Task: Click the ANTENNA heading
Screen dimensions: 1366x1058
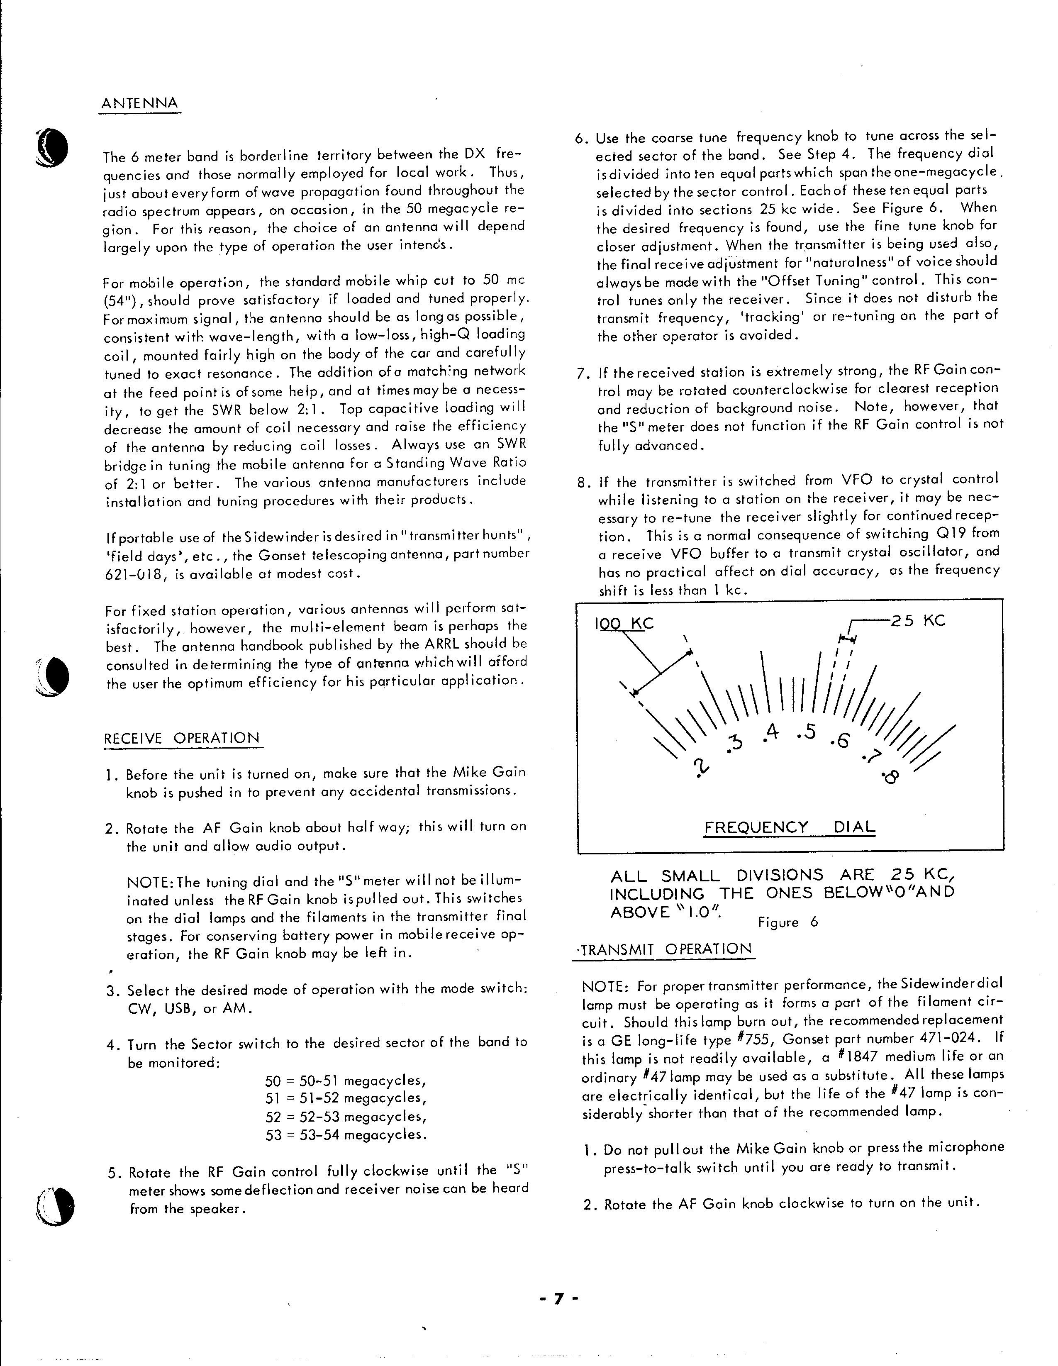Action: coord(139,103)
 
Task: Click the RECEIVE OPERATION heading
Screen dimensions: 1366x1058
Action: coord(181,738)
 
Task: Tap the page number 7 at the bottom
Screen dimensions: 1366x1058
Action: coord(560,1294)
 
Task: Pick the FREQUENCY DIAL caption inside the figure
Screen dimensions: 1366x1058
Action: coord(790,827)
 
